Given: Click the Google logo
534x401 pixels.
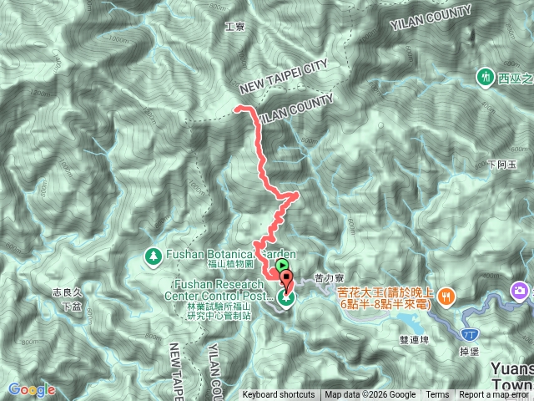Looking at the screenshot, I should [x=31, y=389].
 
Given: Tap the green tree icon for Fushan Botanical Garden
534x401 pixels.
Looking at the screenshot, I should [x=153, y=255].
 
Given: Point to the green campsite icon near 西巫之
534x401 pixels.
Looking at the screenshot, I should [x=484, y=77].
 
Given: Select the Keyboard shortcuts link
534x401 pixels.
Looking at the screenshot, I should [x=279, y=395].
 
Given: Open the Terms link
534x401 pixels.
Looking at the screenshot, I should [x=437, y=395].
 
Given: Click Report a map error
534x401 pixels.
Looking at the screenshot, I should [x=494, y=395].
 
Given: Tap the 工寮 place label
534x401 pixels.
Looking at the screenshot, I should [x=234, y=27].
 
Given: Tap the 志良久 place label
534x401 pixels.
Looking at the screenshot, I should [x=66, y=293].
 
